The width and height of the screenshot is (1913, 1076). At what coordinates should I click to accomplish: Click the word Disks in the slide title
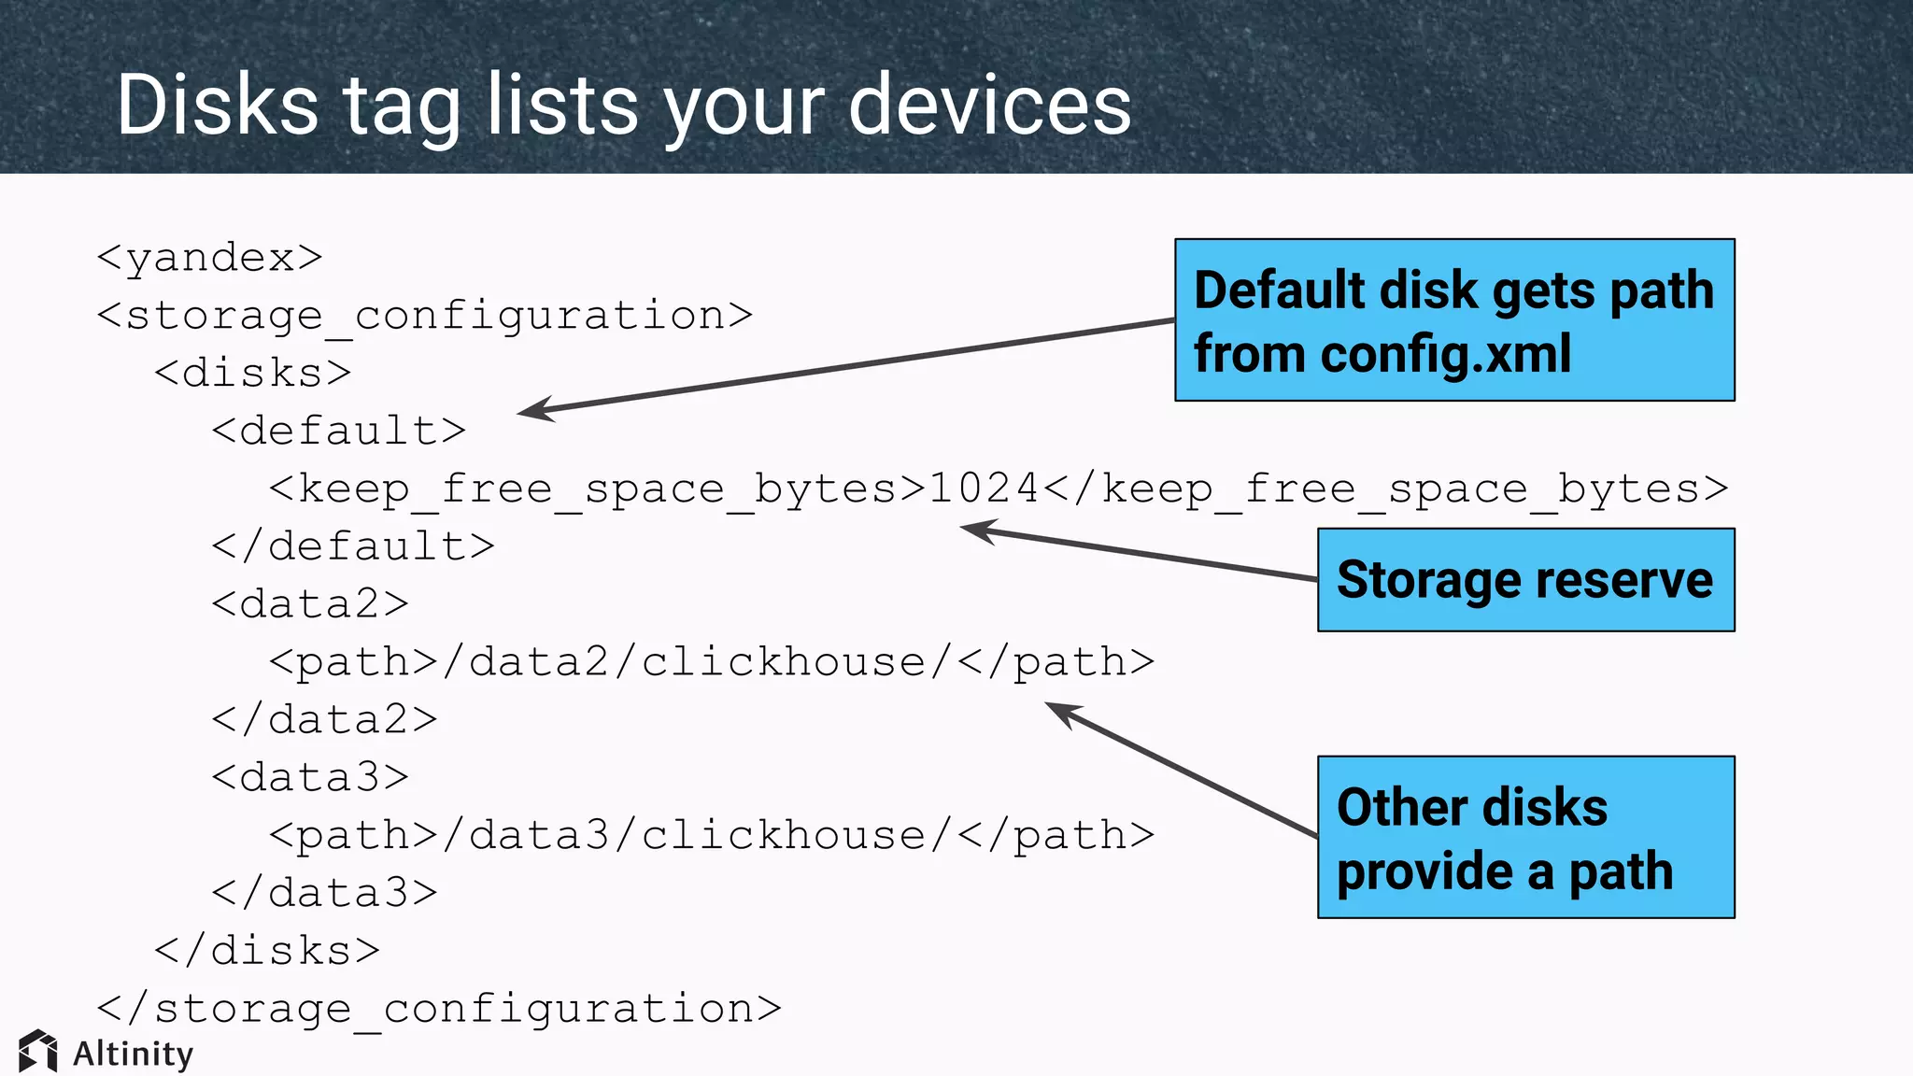tap(218, 105)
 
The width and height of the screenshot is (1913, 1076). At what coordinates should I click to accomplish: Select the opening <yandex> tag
tap(209, 258)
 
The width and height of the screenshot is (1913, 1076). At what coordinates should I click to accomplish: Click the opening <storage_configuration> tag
tap(424, 316)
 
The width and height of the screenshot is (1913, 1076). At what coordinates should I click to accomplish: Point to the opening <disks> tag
tap(252, 374)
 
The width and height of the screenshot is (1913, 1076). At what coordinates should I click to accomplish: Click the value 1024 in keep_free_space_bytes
tap(984, 488)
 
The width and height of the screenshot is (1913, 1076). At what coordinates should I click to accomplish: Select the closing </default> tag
tap(352, 546)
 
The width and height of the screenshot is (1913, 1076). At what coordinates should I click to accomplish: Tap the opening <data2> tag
tap(309, 604)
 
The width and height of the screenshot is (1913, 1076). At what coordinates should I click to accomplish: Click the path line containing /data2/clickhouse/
tap(711, 662)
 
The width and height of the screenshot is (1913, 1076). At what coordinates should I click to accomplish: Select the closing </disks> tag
tap(267, 951)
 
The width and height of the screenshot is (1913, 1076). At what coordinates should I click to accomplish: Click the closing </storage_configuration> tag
tap(438, 1009)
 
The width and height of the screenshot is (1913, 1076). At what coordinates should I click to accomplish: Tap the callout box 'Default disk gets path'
tap(1453, 320)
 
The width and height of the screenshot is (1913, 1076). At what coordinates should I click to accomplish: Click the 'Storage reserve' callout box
tap(1525, 580)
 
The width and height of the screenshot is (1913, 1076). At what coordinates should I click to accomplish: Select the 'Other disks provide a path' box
tap(1525, 837)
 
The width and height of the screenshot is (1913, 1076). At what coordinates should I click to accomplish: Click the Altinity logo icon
tap(38, 1052)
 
